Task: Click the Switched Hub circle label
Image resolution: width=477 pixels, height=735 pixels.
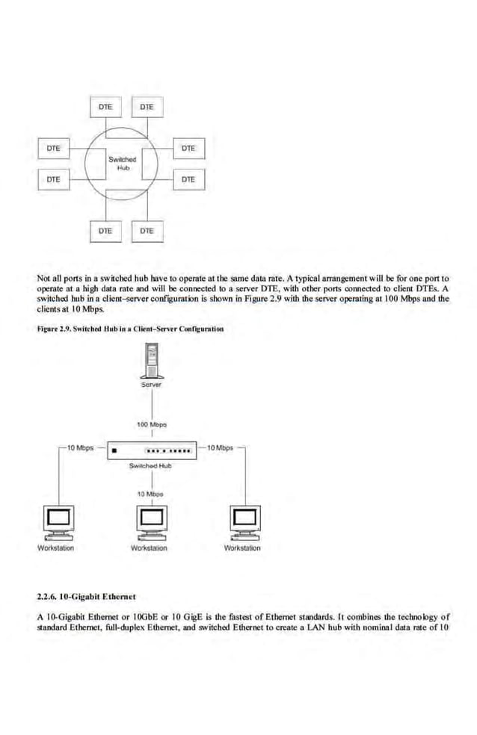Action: [122, 163]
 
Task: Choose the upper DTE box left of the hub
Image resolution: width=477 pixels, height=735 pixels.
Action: [53, 149]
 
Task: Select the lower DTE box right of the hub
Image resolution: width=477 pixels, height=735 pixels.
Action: [188, 179]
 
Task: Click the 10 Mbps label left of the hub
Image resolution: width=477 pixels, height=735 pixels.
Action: [80, 448]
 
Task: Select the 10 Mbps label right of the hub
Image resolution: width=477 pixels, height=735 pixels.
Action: [220, 448]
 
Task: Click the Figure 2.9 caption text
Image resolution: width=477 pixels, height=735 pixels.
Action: [130, 329]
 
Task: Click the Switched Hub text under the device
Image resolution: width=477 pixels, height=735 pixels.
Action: [150, 465]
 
